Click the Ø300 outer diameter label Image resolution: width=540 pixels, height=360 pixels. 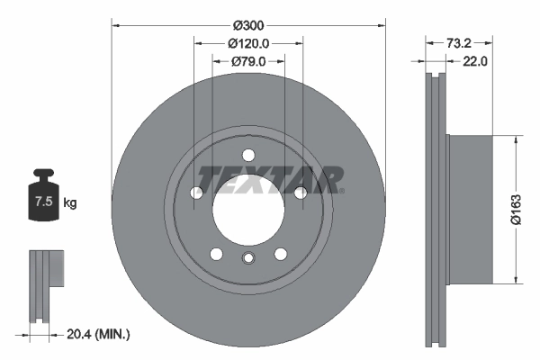(x=247, y=25)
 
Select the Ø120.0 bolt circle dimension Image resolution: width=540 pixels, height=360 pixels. (x=248, y=43)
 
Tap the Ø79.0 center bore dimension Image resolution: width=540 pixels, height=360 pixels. (x=248, y=61)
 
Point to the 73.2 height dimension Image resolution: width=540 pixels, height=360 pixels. (x=459, y=42)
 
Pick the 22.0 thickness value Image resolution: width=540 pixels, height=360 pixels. (x=474, y=61)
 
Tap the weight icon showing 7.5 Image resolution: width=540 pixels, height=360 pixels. (x=43, y=199)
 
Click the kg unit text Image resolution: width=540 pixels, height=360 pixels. (x=70, y=203)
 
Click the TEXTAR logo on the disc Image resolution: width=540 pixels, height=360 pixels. (x=269, y=178)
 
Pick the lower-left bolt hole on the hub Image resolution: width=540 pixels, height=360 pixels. (x=217, y=253)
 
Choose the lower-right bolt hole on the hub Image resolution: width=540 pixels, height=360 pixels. (x=280, y=253)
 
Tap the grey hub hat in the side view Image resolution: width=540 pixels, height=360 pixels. (x=470, y=209)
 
